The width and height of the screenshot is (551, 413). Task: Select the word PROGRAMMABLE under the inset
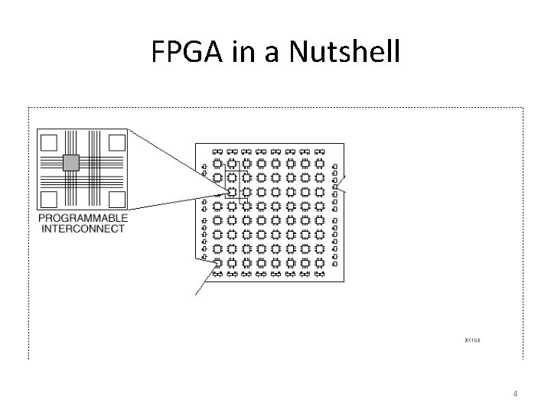[83, 219]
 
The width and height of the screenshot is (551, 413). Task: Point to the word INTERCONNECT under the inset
[83, 229]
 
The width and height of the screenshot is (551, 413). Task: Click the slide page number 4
[515, 394]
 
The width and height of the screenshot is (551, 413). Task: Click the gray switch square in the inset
[70, 161]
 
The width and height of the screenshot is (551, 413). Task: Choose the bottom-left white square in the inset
[49, 199]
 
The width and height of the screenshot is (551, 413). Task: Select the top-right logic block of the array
[319, 164]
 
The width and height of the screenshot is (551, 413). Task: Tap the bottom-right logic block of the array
[319, 262]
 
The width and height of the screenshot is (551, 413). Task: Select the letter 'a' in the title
[253, 52]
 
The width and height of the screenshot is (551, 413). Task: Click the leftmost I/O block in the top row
[217, 151]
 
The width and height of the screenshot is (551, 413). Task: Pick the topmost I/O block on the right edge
[334, 164]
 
